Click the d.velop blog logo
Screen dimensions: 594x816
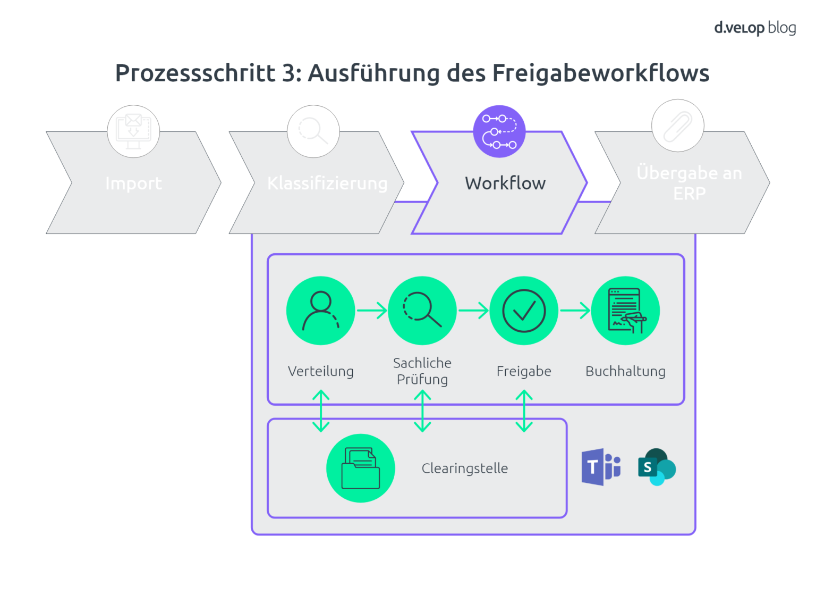click(x=754, y=28)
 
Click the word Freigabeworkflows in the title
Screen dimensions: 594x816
click(x=600, y=73)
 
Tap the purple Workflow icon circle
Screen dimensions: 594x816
click(x=499, y=131)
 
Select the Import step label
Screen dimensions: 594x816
click(x=133, y=183)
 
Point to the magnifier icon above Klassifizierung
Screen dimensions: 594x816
click(x=313, y=131)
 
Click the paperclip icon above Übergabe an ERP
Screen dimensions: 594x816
click(x=677, y=126)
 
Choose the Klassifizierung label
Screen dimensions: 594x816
click(x=327, y=183)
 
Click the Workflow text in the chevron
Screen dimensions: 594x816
click(x=505, y=183)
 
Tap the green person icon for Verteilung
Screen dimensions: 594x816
click(x=320, y=311)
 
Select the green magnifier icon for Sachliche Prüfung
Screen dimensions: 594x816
click(x=422, y=311)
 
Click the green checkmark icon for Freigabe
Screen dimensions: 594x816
click(x=524, y=311)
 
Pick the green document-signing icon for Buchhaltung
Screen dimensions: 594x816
click(x=625, y=311)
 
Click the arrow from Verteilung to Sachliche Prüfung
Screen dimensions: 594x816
click(x=372, y=310)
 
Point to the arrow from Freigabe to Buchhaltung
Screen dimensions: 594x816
click(x=575, y=310)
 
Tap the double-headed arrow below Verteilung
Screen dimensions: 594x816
click(x=321, y=411)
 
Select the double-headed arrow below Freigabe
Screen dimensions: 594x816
click(x=524, y=411)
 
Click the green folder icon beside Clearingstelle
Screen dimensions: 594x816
click(x=360, y=468)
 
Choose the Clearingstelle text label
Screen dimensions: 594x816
click(x=464, y=468)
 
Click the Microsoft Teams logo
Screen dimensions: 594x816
click(x=601, y=467)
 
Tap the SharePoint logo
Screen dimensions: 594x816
click(x=657, y=467)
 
